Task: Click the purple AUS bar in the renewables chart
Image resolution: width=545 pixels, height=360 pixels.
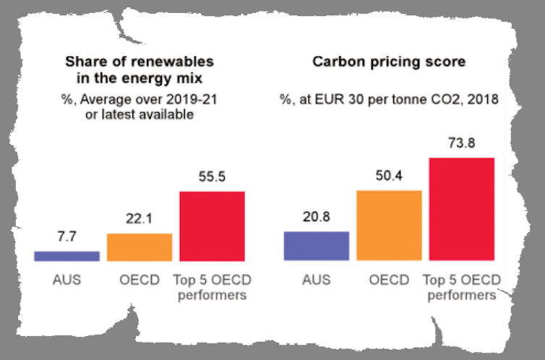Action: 66,255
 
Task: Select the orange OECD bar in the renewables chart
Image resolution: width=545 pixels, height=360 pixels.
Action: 140,247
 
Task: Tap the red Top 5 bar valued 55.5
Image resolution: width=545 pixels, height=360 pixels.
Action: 212,226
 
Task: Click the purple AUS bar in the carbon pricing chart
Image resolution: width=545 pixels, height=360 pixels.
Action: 317,246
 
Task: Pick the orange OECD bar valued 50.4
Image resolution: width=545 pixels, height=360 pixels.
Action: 389,225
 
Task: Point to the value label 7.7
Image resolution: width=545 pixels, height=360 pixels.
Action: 66,237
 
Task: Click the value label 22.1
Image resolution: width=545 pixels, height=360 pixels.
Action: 140,220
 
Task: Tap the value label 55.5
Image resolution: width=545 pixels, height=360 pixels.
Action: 212,178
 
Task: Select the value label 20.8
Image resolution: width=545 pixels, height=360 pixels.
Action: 317,218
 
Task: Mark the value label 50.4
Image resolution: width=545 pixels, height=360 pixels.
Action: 389,176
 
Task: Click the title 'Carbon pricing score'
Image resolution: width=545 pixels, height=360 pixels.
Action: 389,62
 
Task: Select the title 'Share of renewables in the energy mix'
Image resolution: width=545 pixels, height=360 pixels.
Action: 140,69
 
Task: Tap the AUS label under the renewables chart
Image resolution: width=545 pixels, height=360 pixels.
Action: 66,279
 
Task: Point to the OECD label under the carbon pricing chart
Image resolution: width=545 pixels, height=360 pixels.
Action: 389,279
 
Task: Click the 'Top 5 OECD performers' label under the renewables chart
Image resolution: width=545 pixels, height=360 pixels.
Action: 212,287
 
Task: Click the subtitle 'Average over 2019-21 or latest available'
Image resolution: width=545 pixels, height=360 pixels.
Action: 140,107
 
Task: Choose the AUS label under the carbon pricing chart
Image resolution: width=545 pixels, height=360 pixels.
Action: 317,279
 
